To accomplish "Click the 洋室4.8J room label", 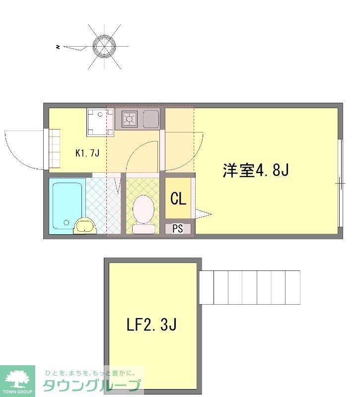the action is point(256,170).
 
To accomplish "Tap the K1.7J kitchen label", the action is point(87,153).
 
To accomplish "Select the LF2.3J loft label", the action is point(151,325).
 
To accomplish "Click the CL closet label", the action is point(178,198).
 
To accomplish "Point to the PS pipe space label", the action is point(178,229).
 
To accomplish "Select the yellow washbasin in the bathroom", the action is point(85,226).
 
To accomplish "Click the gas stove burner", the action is point(130,119).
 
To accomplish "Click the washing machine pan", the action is point(100,122).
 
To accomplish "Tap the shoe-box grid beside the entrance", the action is point(54,148).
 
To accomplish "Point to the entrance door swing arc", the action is point(14,158).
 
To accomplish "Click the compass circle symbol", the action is point(104,47).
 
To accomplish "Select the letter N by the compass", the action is point(58,47).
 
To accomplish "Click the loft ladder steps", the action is point(250,287).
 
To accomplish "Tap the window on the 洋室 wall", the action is point(341,183).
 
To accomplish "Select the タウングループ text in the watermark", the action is point(91,386).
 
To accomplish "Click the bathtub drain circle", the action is point(67,222).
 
